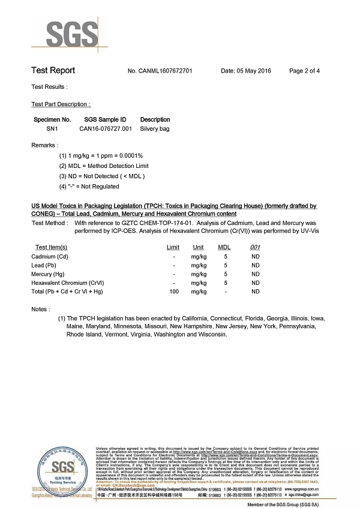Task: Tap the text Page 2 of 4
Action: pyautogui.click(x=304, y=71)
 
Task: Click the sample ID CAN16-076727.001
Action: pyautogui.click(x=106, y=128)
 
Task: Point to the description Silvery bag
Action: pyautogui.click(x=155, y=128)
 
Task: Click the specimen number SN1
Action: pyautogui.click(x=52, y=128)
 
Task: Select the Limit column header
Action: pyautogui.click(x=173, y=247)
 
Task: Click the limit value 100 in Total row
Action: pyautogui.click(x=174, y=291)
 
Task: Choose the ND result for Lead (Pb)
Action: pyautogui.click(x=256, y=265)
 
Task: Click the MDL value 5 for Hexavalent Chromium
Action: pyautogui.click(x=225, y=282)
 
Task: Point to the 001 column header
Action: pyautogui.click(x=255, y=247)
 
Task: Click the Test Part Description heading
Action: pyautogui.click(x=61, y=104)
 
